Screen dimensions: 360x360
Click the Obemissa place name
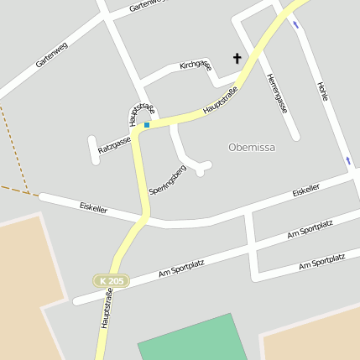(252, 147)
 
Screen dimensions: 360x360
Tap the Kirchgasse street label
(196, 65)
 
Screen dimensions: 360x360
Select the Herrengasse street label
(276, 93)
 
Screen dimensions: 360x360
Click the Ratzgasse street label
(114, 145)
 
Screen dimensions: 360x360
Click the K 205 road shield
(111, 281)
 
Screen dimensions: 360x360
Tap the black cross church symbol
(237, 59)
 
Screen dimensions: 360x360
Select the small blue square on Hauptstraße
(147, 125)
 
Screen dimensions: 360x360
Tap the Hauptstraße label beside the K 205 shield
(107, 310)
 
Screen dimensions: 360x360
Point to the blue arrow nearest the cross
(295, 23)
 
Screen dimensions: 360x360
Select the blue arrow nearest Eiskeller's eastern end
(347, 159)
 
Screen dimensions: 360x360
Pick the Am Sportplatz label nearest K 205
(181, 269)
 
